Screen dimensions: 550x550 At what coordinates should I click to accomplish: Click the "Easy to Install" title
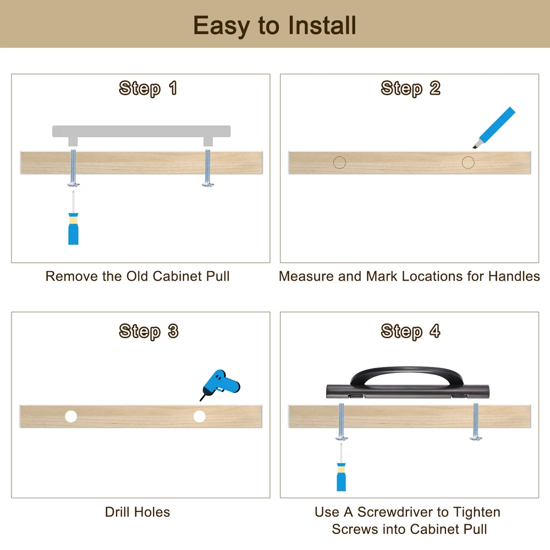[x=274, y=26]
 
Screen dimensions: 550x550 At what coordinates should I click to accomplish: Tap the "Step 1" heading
[x=147, y=88]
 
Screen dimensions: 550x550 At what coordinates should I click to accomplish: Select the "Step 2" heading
[x=410, y=88]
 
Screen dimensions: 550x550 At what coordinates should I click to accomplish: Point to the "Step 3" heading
[x=148, y=331]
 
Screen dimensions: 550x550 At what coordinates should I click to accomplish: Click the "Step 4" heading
[x=410, y=331]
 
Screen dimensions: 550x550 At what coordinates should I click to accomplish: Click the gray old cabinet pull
[x=141, y=131]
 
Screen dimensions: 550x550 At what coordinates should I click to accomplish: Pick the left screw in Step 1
[x=73, y=168]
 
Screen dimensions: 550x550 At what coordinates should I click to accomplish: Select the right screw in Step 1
[x=208, y=168]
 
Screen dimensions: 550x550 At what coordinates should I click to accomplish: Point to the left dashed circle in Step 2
[x=339, y=162]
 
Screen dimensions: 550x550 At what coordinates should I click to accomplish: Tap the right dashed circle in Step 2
[x=468, y=162]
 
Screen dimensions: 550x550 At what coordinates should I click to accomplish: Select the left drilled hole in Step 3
[x=71, y=416]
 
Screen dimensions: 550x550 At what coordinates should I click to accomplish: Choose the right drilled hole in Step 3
[x=200, y=416]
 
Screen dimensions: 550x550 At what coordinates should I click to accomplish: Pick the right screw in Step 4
[x=476, y=422]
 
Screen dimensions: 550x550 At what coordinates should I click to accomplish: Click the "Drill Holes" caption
[x=137, y=512]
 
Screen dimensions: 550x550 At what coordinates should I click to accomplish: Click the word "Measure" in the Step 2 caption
[x=307, y=277]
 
